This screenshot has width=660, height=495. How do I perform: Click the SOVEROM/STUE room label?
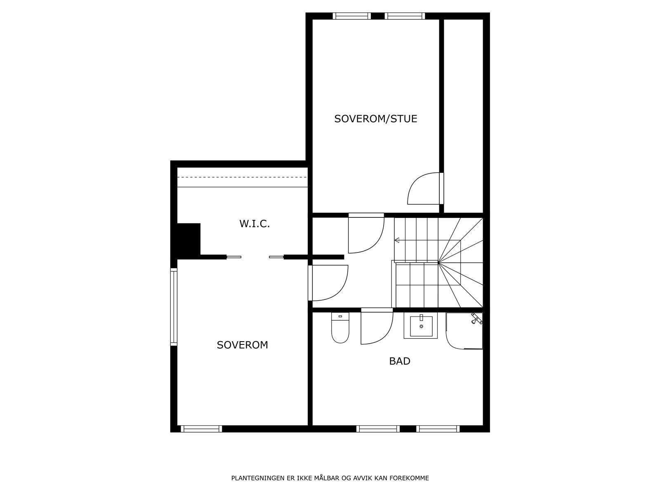click(x=376, y=119)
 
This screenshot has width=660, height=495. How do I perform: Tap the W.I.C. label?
click(x=255, y=224)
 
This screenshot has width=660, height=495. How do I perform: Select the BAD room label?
click(x=400, y=361)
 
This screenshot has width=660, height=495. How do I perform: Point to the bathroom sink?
click(x=421, y=326)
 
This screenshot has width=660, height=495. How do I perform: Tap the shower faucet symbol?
click(x=477, y=318)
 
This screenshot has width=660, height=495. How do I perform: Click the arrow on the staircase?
click(x=397, y=240)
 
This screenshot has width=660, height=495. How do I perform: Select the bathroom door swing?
click(x=375, y=327)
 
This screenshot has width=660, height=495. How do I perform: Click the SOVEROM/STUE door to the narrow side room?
click(x=424, y=189)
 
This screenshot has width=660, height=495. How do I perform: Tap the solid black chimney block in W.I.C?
click(x=189, y=239)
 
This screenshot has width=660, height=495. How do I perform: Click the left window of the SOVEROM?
click(x=174, y=306)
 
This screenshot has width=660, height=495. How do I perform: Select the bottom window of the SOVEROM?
click(x=201, y=429)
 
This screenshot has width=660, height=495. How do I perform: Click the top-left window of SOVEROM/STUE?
click(x=352, y=16)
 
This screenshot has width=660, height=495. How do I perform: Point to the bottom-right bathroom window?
click(x=438, y=429)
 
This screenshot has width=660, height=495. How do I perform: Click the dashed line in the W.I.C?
click(x=243, y=177)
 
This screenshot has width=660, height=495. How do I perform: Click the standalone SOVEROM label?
click(x=242, y=345)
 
